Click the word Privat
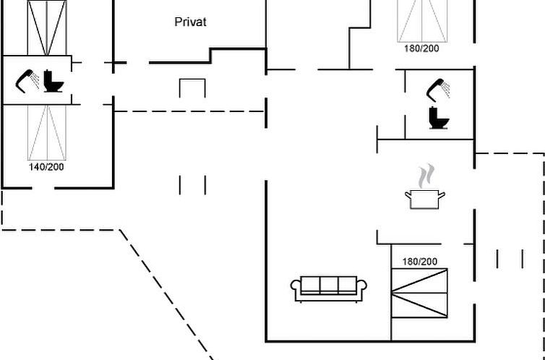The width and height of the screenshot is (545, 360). [x=191, y=22]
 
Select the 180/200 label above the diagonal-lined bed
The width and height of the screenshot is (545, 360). [x=419, y=261]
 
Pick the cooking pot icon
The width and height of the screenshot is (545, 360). [x=425, y=198]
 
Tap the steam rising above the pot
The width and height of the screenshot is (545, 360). [x=428, y=176]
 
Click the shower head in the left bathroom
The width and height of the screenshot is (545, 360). [x=27, y=79]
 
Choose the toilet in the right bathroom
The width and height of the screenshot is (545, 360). [x=437, y=117]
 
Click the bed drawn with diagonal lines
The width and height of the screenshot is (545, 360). [x=419, y=292]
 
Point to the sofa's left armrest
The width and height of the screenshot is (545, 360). [x=296, y=289]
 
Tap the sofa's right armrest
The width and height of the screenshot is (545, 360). [x=364, y=289]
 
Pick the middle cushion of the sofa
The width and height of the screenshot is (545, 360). [x=330, y=284]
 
